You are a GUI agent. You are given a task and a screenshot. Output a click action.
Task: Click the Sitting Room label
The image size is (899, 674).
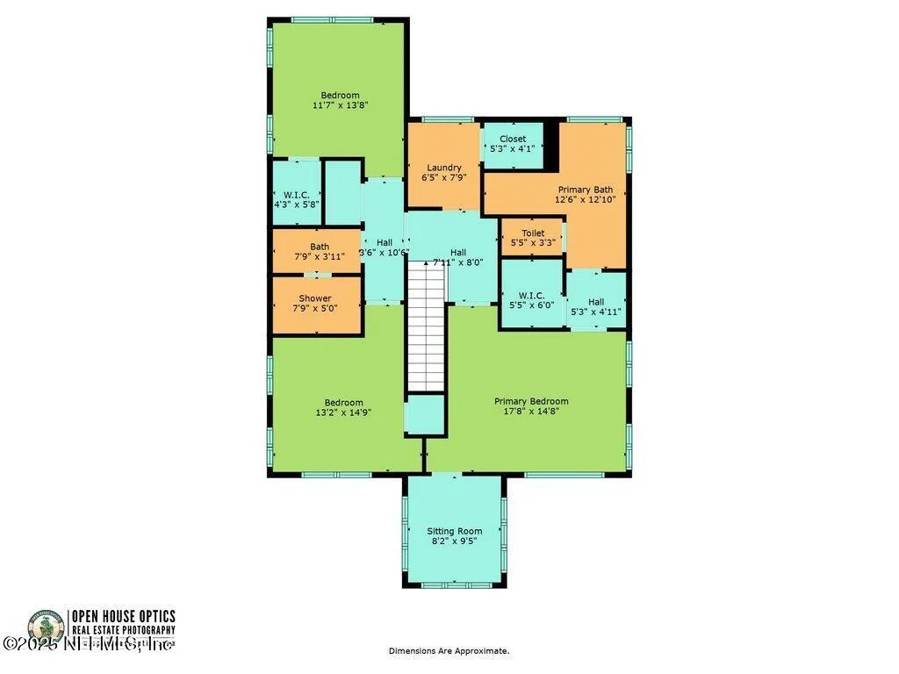[x=454, y=531]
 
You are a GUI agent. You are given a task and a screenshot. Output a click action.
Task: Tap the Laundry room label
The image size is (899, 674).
[x=444, y=168]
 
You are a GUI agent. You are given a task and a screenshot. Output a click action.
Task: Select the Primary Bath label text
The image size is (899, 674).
[x=586, y=189]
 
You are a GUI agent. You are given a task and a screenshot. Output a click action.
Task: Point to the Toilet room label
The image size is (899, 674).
[x=533, y=233]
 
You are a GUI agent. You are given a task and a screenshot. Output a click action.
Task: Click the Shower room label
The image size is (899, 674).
[x=315, y=298]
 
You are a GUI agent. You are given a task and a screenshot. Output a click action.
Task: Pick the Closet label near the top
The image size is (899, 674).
[x=513, y=139]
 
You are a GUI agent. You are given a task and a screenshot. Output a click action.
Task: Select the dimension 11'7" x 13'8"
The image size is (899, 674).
[x=340, y=105]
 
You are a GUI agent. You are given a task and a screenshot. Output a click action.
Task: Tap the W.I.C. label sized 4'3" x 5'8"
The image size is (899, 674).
[x=296, y=194]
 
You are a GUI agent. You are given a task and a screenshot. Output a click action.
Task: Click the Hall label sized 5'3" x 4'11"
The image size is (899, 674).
[x=596, y=302]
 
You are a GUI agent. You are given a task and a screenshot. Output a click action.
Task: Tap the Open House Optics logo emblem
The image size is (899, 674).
[x=45, y=627]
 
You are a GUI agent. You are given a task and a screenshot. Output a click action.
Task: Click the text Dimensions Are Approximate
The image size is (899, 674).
[x=449, y=651]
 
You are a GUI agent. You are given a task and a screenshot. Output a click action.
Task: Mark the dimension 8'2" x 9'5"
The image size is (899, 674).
[x=454, y=541]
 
